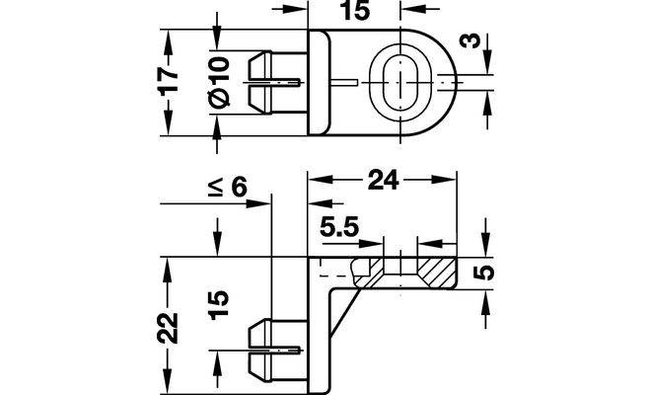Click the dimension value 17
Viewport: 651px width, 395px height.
(169, 82)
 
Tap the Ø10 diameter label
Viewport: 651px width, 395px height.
(219, 82)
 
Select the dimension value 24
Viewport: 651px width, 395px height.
(383, 180)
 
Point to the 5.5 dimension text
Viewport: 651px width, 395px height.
(339, 227)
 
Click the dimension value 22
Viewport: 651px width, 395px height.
(168, 328)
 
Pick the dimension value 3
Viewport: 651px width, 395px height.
(470, 41)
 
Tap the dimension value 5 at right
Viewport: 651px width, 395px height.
(483, 273)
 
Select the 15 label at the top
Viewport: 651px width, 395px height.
(354, 11)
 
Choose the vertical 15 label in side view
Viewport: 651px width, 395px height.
(219, 305)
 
